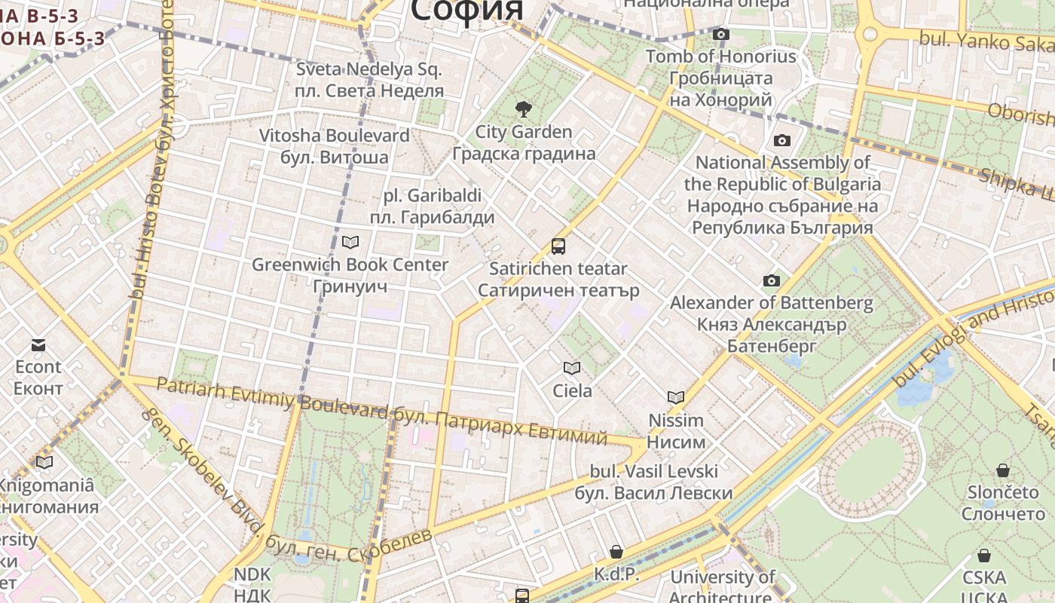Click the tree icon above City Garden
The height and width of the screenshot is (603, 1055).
click(523, 110)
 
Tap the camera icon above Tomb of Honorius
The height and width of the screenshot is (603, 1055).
click(721, 34)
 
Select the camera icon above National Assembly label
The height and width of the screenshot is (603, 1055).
click(781, 140)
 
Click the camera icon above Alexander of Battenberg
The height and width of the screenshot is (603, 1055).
click(771, 281)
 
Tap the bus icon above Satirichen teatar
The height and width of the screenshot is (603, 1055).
click(558, 246)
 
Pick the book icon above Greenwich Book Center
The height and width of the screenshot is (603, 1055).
click(350, 242)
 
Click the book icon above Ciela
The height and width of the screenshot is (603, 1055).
click(572, 368)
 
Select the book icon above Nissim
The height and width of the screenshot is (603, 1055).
click(676, 397)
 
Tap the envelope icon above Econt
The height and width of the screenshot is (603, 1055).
click(38, 345)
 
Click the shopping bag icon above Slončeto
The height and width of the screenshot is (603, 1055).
click(1003, 470)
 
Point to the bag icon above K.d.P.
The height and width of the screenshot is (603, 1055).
click(616, 552)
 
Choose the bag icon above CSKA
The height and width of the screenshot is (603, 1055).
click(984, 556)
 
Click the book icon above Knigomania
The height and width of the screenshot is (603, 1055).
click(44, 462)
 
